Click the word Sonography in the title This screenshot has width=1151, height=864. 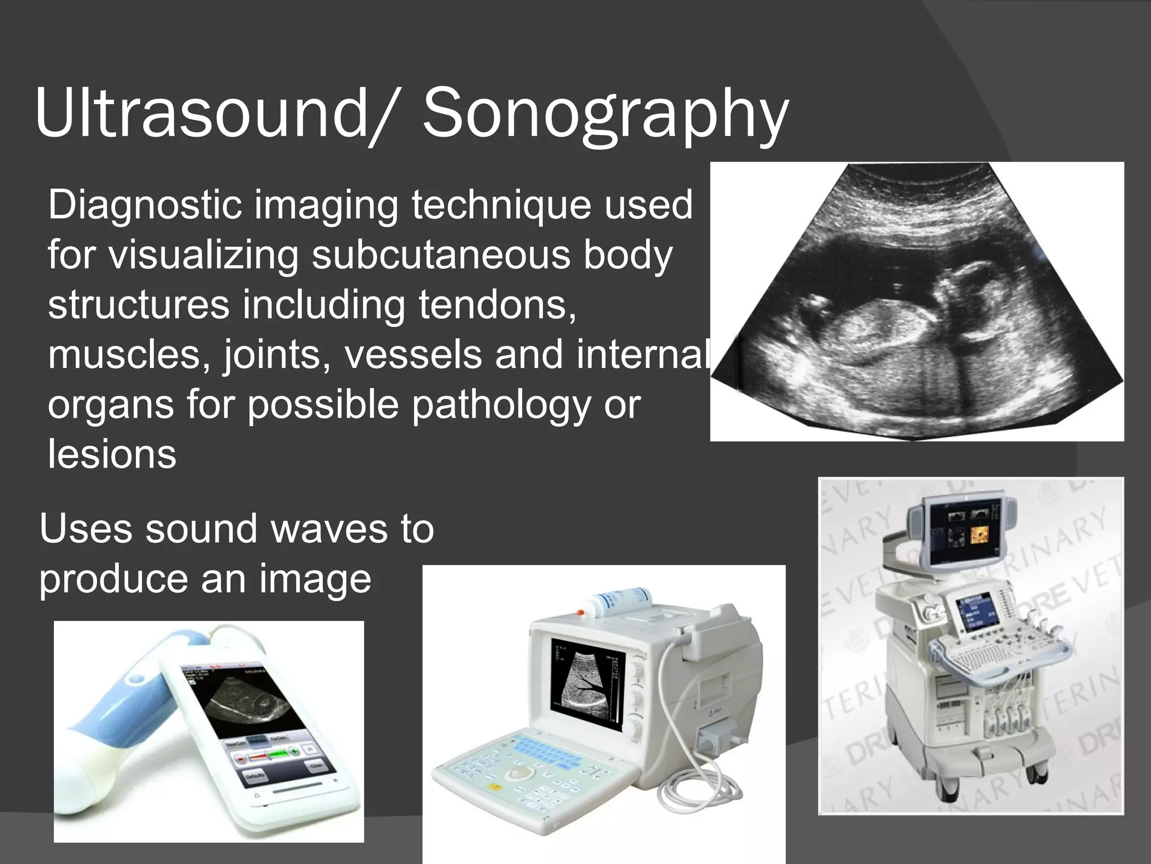click(605, 115)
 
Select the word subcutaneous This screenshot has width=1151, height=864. click(441, 255)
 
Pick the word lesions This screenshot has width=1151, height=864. click(112, 454)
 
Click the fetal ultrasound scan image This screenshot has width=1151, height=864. click(916, 301)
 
